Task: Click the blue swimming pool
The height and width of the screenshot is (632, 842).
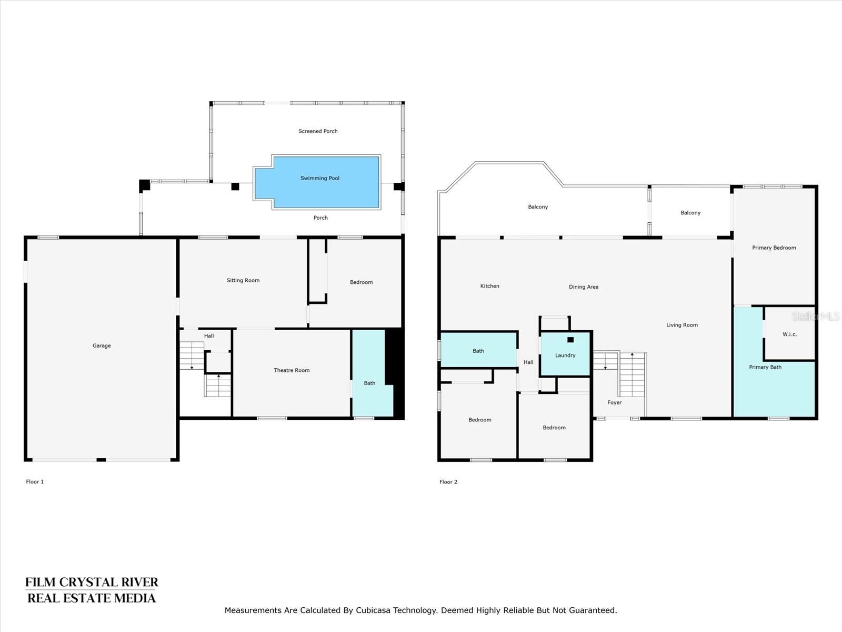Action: pos(317,182)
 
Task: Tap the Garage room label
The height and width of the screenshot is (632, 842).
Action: pos(102,345)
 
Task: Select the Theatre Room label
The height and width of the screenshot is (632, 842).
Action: pos(292,370)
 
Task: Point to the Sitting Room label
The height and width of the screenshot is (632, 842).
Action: pos(243,281)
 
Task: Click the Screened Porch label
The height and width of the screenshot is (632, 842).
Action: pos(318,131)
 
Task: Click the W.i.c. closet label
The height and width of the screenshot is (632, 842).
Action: pos(789,334)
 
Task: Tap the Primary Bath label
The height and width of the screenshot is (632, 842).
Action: pos(765,367)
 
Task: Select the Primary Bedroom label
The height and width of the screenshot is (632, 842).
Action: pos(774,248)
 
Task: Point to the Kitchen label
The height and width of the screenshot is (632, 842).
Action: pos(490,287)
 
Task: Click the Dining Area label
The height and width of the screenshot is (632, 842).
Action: pos(584,287)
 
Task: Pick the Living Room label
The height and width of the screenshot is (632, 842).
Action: pos(681,325)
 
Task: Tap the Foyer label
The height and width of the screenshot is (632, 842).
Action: pos(614,402)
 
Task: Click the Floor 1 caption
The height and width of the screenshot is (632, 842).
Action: pos(35,481)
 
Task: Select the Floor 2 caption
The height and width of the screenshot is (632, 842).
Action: pos(448,482)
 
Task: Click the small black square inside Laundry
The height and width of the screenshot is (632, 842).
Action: pos(570,340)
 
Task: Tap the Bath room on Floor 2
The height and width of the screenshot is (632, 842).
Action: pos(478,350)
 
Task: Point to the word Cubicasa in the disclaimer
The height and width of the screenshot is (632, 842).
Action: pos(374,610)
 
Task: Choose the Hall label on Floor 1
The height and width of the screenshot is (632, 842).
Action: pos(209,336)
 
